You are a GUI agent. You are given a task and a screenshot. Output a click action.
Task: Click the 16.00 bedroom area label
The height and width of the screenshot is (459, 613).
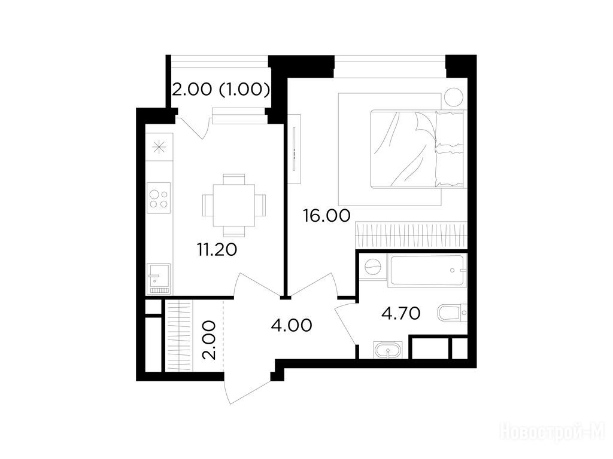pos(327,215)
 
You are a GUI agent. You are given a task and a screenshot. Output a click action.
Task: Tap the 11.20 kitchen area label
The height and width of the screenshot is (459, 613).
pos(217,249)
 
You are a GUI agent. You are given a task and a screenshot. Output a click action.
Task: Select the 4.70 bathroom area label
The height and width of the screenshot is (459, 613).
pos(401,313)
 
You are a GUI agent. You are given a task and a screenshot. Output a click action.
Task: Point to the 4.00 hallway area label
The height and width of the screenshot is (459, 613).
pos(292,325)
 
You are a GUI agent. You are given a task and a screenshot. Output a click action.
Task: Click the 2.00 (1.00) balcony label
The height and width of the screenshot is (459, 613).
pos(221,90)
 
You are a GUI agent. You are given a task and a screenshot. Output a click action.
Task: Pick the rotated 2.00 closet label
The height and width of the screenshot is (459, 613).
pos(208,340)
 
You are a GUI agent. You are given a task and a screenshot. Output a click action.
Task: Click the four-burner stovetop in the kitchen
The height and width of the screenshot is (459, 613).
pos(159,198)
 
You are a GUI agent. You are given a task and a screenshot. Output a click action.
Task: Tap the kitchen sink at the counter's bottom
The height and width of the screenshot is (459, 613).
pos(158,279)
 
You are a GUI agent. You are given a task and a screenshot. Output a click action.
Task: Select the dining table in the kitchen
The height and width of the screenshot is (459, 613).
pos(234,206)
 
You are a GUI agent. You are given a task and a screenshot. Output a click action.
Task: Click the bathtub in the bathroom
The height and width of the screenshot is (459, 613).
pos(427,270)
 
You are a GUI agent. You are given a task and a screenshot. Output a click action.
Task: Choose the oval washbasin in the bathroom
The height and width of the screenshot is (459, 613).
pos(387,350)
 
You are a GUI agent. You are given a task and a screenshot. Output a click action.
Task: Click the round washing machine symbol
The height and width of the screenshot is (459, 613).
pos(372,267)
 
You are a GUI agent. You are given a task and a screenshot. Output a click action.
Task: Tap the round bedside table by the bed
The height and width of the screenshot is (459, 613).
pos(454,96)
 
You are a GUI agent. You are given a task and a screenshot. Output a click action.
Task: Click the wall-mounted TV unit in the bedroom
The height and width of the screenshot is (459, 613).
pos(294,149)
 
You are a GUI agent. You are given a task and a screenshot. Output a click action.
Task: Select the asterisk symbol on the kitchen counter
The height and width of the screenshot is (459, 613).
pos(159,148)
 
